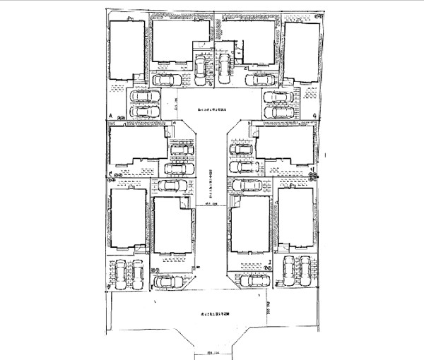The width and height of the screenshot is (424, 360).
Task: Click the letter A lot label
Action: pos(111,114)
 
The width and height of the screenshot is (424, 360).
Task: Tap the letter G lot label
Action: pos(313,114)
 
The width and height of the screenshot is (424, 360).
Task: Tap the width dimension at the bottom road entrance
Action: pos(211,351)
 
